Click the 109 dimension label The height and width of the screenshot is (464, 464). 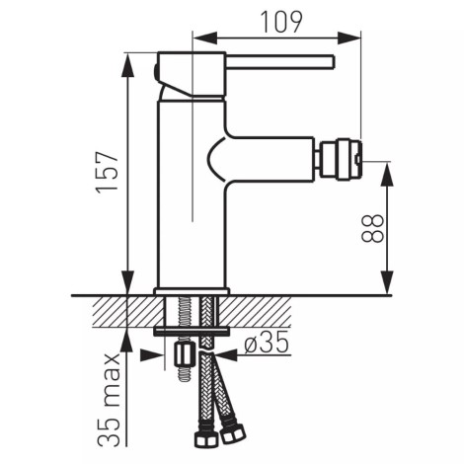280,22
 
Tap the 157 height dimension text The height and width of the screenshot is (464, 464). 107,171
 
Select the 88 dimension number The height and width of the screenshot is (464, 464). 372,228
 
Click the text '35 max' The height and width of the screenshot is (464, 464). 110,401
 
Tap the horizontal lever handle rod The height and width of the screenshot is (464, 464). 280,62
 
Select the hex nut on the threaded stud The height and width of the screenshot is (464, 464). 184,354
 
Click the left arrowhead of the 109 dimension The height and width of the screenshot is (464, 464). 204,38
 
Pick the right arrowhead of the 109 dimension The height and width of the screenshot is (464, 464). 348,38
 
